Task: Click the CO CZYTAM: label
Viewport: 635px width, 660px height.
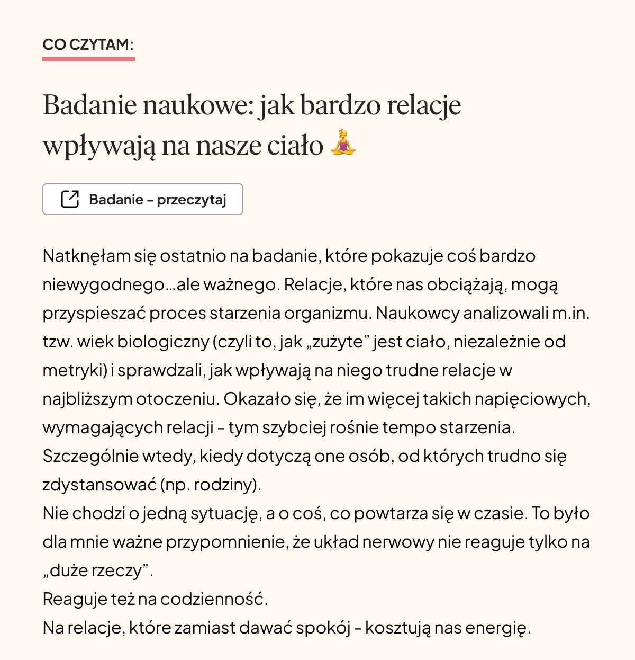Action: [88, 44]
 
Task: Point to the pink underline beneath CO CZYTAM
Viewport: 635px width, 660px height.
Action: [89, 59]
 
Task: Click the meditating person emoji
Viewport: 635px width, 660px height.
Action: [343, 143]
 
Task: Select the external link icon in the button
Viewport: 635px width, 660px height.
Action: [70, 199]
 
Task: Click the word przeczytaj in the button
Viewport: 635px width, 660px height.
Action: [192, 200]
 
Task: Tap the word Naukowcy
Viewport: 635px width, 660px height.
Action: [418, 313]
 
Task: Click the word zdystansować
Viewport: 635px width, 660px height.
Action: [99, 485]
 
